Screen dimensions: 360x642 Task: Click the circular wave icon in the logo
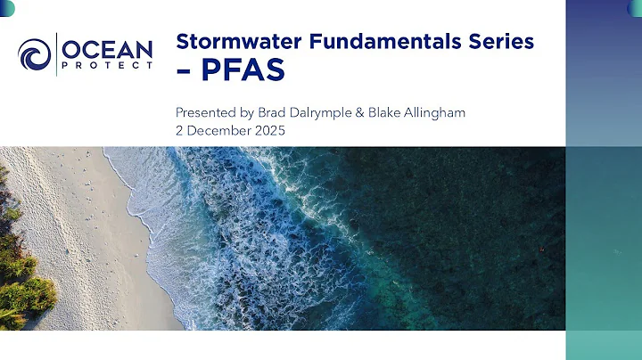pyautogui.click(x=36, y=53)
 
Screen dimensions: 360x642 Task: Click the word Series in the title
pyautogui.click(x=501, y=41)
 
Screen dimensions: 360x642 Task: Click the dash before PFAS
pyautogui.click(x=185, y=72)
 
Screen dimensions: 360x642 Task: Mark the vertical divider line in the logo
pyautogui.click(x=58, y=54)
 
